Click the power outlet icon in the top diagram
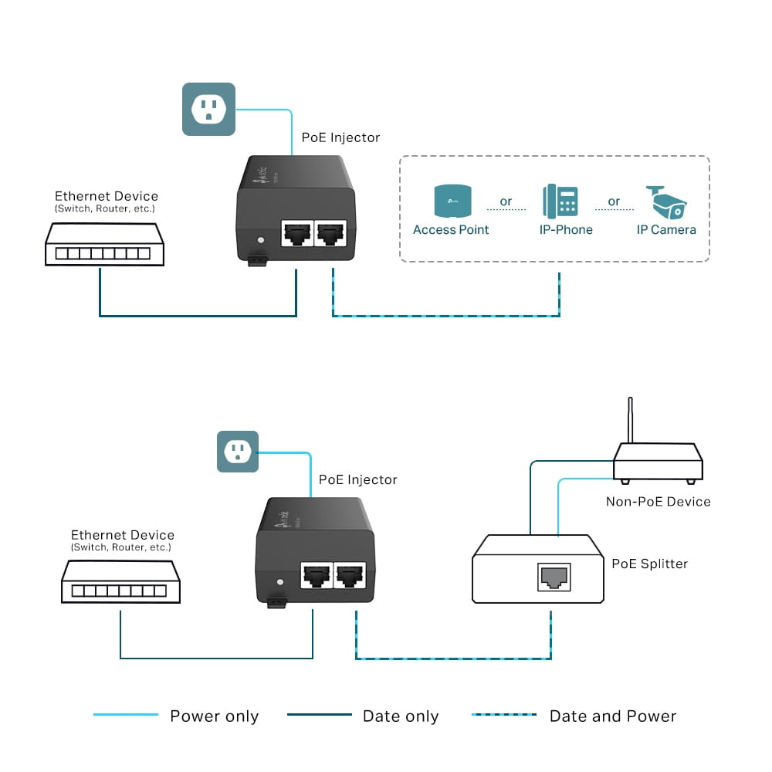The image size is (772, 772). (208, 109)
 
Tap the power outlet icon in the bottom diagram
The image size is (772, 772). (237, 451)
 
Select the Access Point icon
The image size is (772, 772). (451, 201)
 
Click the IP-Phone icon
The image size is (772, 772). (560, 201)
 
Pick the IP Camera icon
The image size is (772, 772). (665, 201)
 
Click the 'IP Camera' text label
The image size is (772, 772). (665, 230)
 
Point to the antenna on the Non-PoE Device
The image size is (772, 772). (630, 421)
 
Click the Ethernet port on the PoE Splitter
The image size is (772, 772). (554, 577)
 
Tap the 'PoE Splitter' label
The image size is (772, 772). (649, 564)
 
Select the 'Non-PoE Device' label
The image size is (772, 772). (658, 502)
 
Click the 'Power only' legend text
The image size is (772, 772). (214, 716)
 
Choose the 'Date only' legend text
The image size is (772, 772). (400, 716)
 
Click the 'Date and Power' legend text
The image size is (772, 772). (612, 716)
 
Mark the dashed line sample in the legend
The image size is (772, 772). (503, 715)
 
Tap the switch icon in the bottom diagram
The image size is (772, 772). (120, 581)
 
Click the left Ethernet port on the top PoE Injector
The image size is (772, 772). (296, 232)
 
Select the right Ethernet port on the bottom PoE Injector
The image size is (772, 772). (350, 575)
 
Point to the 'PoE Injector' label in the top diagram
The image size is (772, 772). (340, 137)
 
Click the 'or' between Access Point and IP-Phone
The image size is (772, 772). (506, 201)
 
